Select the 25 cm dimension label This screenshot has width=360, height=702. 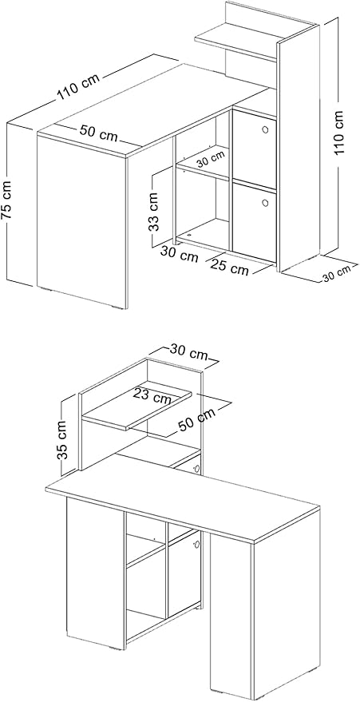[229, 266]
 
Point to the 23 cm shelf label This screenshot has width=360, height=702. [152, 395]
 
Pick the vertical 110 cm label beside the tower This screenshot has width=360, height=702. [341, 133]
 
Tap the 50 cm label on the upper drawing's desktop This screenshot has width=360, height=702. [99, 133]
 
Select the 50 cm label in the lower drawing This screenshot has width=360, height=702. [196, 419]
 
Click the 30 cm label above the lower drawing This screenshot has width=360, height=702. [188, 352]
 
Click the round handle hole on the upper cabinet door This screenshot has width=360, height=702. [265, 130]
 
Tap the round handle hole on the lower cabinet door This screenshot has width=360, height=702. [265, 202]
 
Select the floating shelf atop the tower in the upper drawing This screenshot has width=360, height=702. [235, 42]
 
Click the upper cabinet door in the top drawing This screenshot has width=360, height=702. [255, 149]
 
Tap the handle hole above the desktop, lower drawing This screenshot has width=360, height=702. [196, 469]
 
